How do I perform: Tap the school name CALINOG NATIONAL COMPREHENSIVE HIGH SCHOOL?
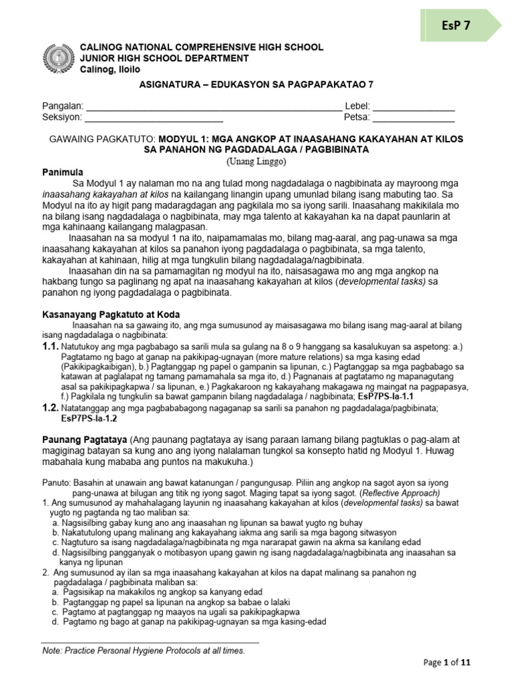(202, 47)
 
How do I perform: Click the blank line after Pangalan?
(214, 107)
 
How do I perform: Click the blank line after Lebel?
(413, 107)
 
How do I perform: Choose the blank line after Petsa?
(413, 118)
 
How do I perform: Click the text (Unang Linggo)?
(256, 161)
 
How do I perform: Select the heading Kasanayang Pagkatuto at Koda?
(111, 314)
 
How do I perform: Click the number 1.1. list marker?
(50, 347)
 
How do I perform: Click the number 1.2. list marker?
(50, 407)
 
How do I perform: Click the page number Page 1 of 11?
(448, 663)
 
